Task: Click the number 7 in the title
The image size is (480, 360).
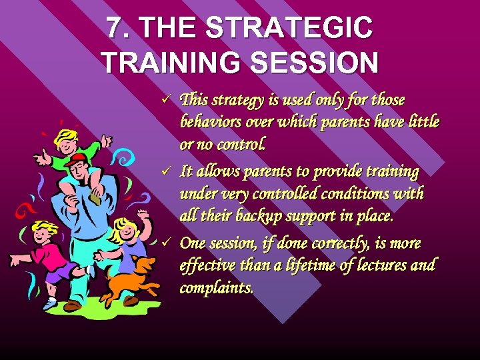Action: pos(115,28)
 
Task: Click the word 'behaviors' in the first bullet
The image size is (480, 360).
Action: pos(209,122)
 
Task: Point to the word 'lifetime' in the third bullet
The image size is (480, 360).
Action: pos(307,265)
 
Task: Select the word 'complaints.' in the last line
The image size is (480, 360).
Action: pos(217,287)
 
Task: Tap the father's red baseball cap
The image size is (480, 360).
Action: pos(79,159)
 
